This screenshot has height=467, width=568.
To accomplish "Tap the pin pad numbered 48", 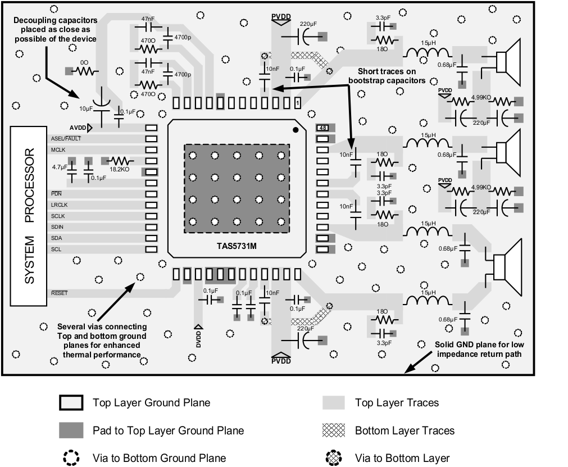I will pyautogui.click(x=323, y=128).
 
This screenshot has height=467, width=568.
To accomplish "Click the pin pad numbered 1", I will pyautogui.click(x=297, y=103).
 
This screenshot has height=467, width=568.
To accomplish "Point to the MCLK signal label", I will pyautogui.click(x=59, y=149).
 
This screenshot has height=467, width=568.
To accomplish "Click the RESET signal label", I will pyautogui.click(x=59, y=293).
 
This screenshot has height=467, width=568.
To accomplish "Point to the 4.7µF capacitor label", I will pyautogui.click(x=60, y=167).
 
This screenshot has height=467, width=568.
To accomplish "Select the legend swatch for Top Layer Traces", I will pyautogui.click(x=334, y=402).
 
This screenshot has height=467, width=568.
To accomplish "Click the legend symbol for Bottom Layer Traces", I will pyautogui.click(x=334, y=430).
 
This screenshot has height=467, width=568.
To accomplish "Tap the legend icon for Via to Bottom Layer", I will pyautogui.click(x=334, y=458).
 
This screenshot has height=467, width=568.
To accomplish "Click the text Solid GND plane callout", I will pyautogui.click(x=479, y=349).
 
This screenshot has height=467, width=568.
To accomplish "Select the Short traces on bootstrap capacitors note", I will pyautogui.click(x=387, y=75).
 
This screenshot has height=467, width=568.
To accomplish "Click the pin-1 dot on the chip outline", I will pyautogui.click(x=296, y=130).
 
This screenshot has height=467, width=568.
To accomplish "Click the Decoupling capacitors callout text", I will pyautogui.click(x=55, y=30).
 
